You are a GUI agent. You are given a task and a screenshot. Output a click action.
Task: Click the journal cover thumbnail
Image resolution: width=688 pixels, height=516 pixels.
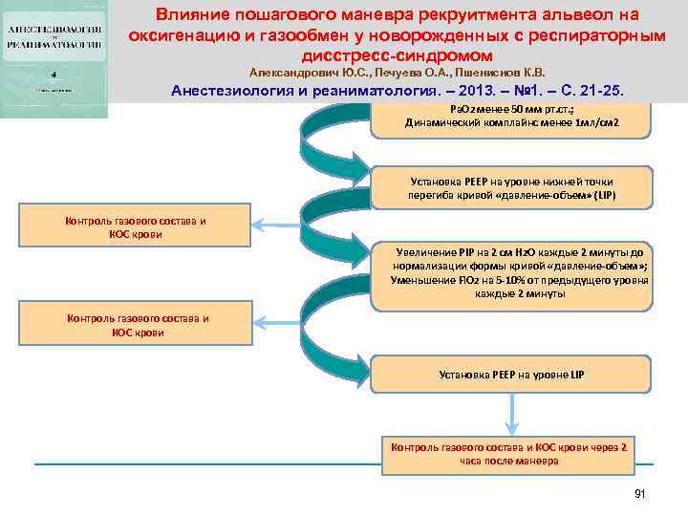coord(55,60)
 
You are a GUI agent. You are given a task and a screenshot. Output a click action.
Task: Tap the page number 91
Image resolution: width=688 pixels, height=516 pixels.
coord(640,493)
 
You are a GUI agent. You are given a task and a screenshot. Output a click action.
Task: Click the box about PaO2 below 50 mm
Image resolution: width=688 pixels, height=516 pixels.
coord(510,117)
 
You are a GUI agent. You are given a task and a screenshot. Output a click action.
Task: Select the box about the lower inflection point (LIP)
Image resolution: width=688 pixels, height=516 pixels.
coord(510,187)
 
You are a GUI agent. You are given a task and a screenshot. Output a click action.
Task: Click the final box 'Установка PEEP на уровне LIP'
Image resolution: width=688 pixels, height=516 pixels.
coord(510,375)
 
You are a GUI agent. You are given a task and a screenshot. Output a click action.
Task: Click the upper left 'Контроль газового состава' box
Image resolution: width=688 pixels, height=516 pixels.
coord(135,227)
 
